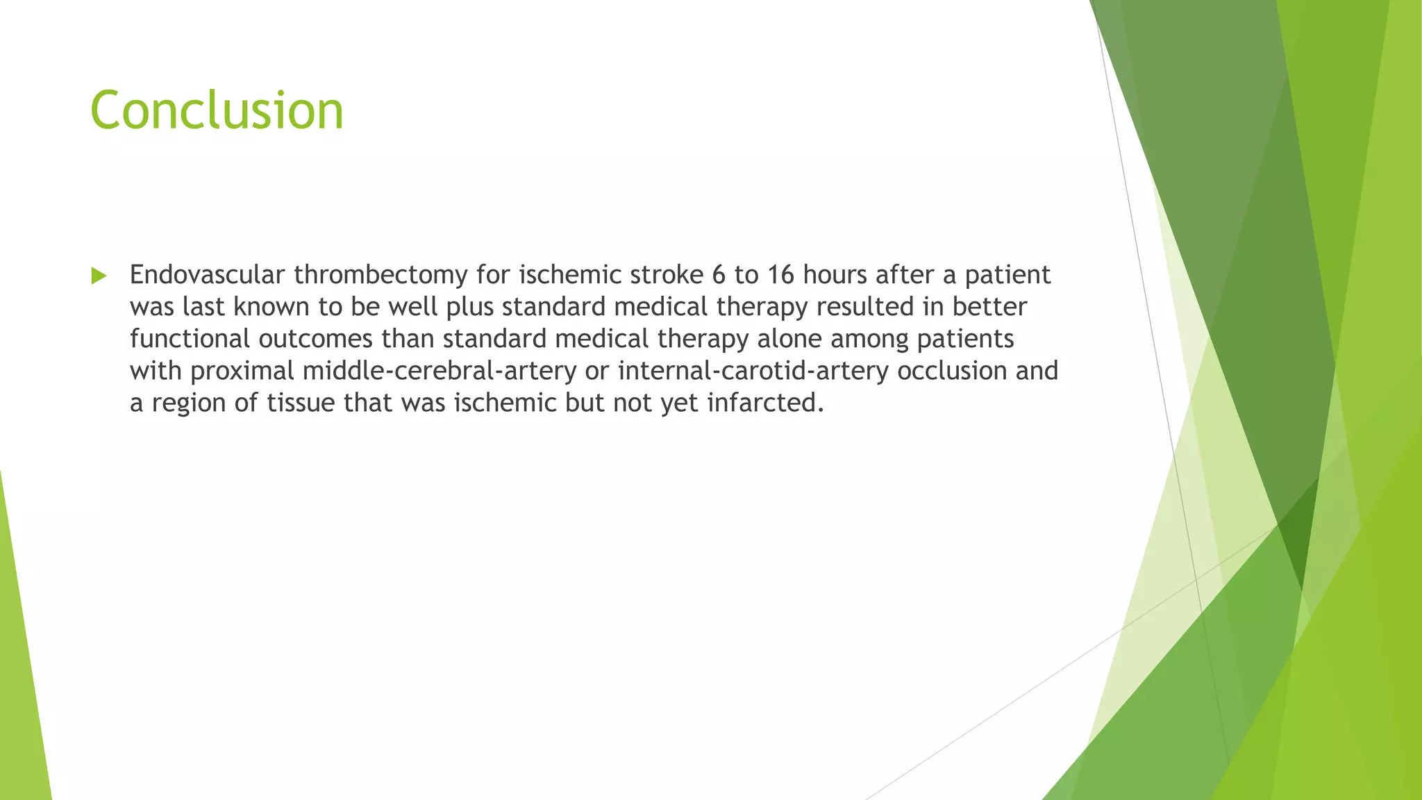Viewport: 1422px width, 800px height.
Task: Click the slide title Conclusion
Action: pos(217,110)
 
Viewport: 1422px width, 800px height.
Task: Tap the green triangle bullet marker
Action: pos(99,276)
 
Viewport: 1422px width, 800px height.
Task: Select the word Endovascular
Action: pos(207,275)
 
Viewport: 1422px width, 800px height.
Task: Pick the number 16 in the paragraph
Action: pos(780,276)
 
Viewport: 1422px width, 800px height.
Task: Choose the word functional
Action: pos(190,339)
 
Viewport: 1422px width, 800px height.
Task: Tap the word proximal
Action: pos(242,372)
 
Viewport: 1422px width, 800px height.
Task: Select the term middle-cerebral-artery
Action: pos(440,371)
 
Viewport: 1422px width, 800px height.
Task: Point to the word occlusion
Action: pos(952,371)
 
